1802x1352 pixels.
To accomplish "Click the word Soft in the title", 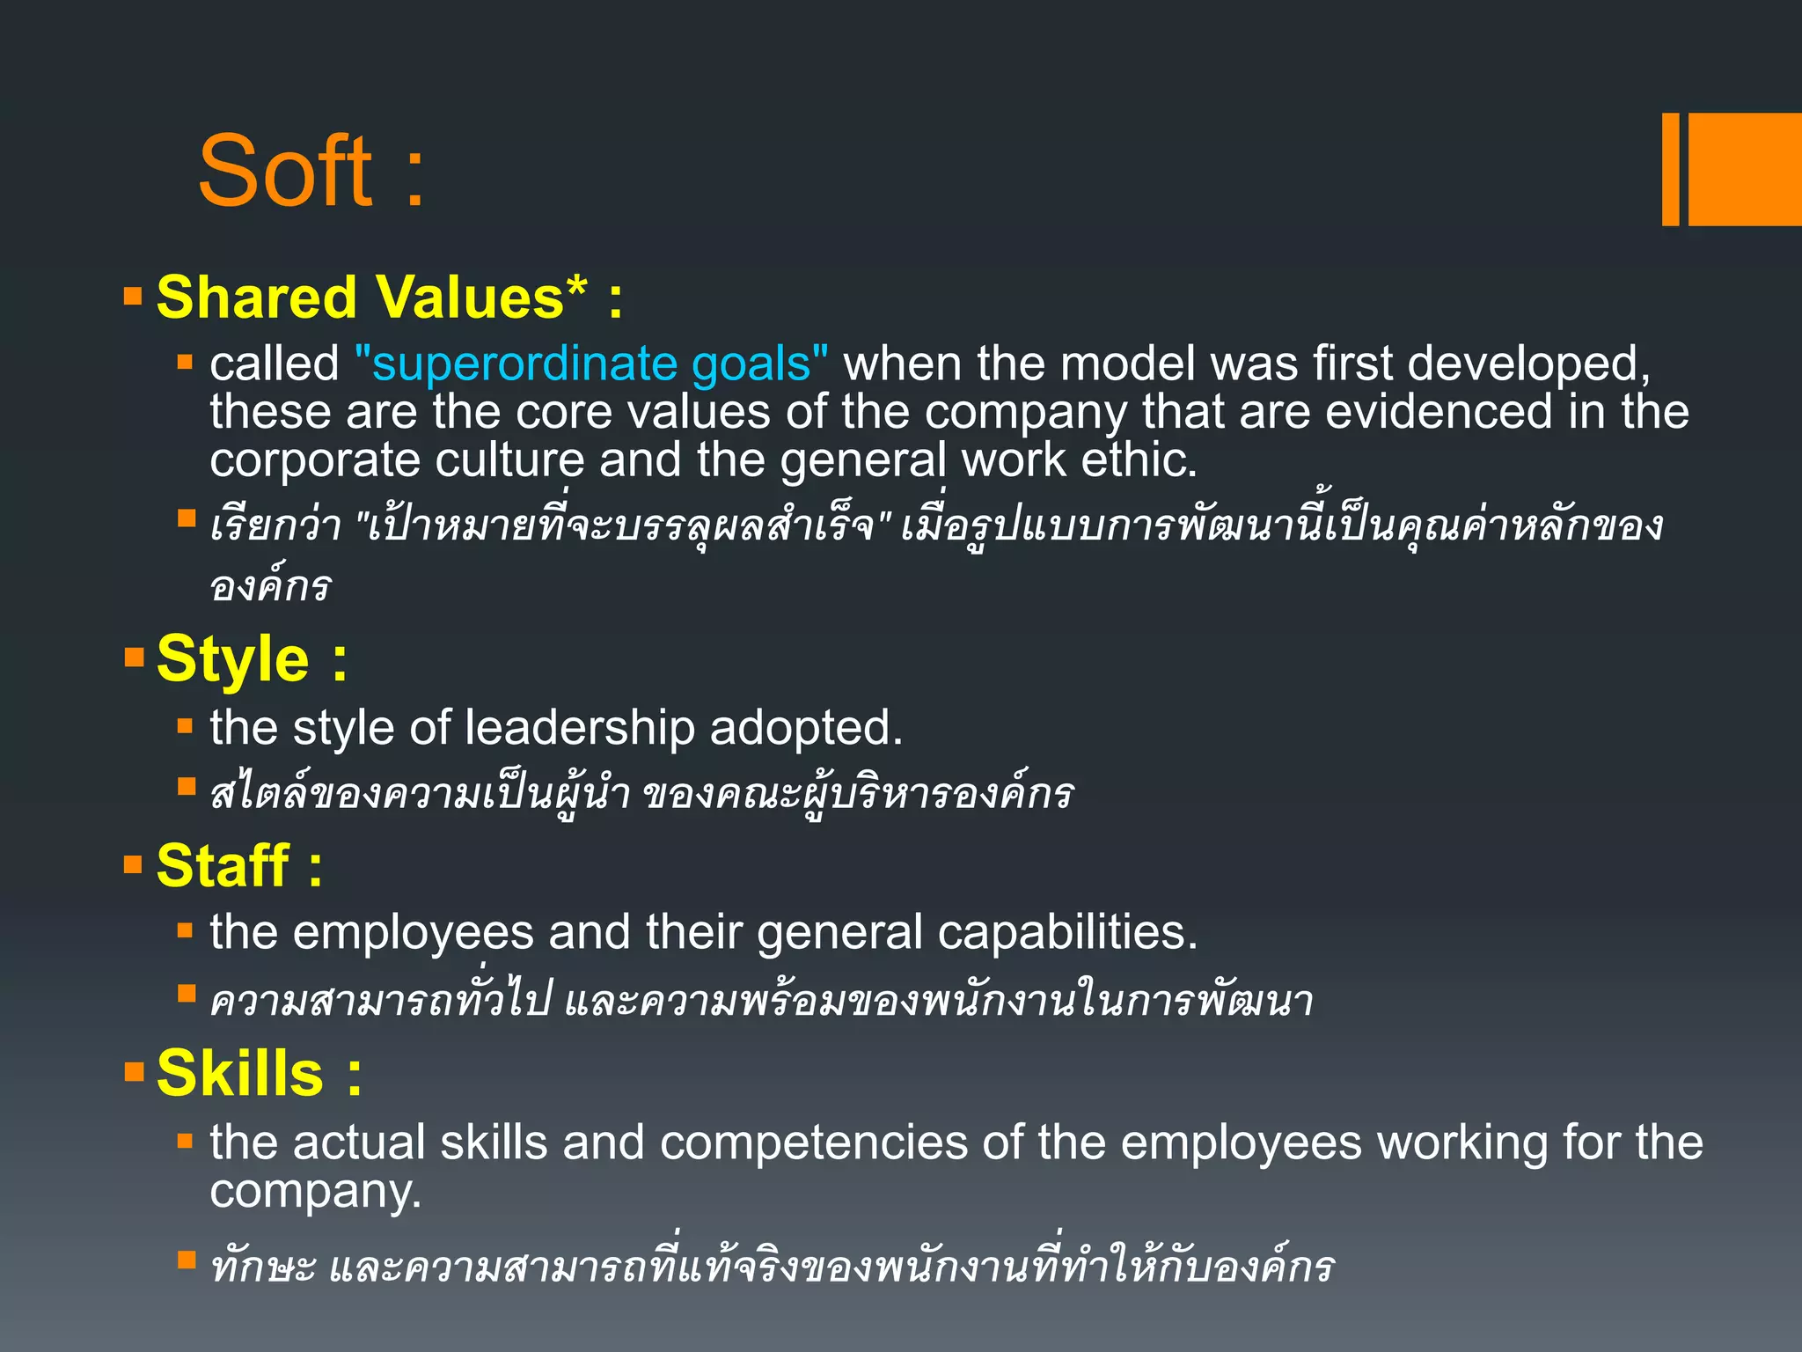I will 286,172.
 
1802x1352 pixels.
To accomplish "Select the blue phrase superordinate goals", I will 591,364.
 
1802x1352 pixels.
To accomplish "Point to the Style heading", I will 232,659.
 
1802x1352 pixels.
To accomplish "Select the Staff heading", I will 222,866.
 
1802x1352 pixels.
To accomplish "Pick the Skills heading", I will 239,1074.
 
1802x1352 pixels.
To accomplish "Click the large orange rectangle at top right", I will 1744,169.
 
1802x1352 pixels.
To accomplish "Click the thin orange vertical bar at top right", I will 1670,169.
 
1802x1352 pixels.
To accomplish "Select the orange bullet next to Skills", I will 134,1071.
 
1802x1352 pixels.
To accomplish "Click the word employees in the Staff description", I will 413,932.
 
